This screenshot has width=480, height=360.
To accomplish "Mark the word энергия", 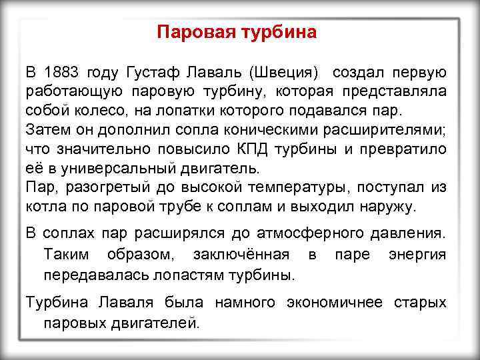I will pyautogui.click(x=417, y=255).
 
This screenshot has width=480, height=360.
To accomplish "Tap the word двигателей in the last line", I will pyautogui.click(x=149, y=323).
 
